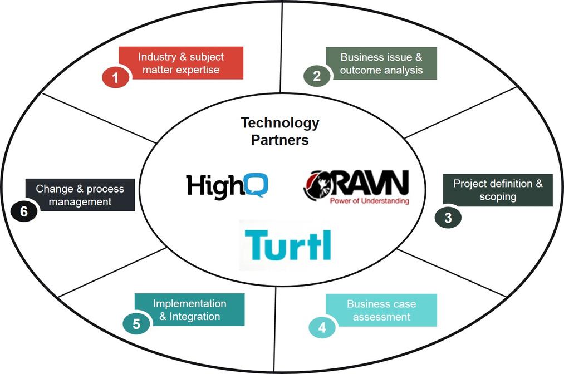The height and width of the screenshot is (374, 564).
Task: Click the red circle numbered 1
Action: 116,78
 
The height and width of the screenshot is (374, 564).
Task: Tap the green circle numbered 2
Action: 317,76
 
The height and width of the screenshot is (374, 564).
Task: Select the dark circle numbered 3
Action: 448,218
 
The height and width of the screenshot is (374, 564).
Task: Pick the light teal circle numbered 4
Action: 322,328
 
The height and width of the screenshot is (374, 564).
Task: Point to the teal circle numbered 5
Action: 136,324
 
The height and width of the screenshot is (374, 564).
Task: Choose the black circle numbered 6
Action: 23,211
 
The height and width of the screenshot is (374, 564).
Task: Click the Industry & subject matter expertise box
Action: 181,63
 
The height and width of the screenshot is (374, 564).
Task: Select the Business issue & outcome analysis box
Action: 381,63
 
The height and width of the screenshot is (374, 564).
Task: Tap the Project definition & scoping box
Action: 498,190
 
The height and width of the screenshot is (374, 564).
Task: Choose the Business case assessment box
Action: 381,310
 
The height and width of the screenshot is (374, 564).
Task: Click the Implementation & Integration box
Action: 190,310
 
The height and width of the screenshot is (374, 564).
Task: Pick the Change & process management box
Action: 80,195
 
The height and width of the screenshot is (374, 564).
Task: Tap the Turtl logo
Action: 287,245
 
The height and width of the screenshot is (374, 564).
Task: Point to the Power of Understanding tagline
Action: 369,201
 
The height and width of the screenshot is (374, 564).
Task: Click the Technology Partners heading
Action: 279,131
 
